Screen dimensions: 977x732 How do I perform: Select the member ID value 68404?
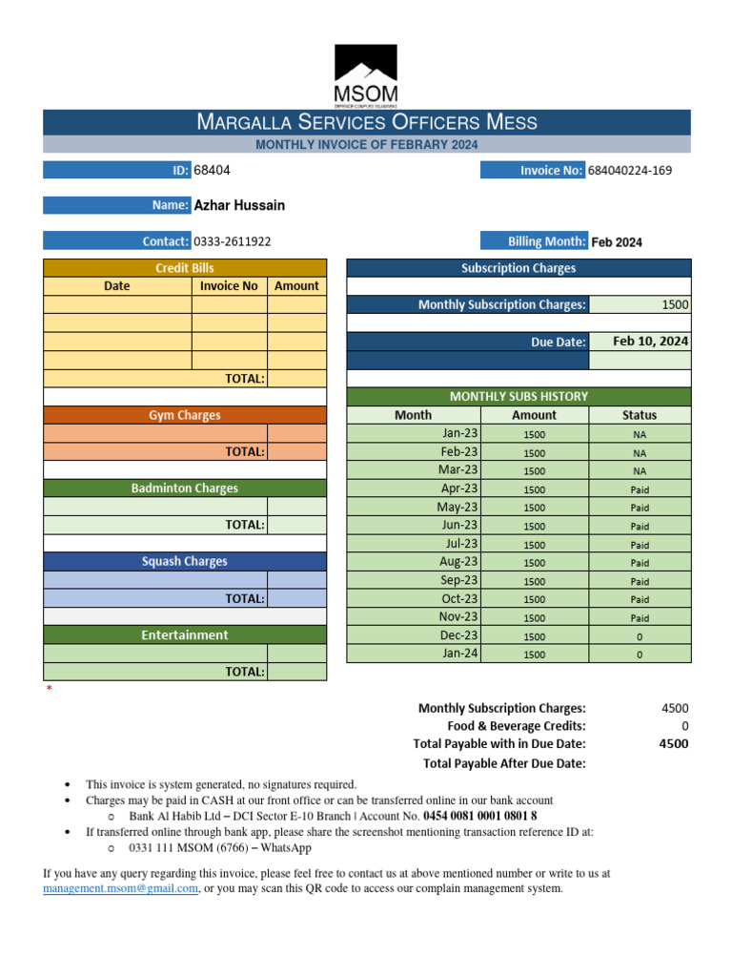212,170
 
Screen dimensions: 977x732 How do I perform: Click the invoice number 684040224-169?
629,171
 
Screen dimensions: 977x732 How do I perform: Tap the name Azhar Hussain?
239,205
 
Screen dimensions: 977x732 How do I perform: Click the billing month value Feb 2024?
617,242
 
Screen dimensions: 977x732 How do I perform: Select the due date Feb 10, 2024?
651,342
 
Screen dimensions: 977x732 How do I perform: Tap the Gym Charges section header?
185,415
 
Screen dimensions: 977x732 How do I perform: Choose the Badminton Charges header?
185,488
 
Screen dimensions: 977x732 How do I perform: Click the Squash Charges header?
185,562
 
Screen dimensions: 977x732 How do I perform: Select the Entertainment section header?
185,634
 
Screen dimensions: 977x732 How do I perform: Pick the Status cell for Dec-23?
640,636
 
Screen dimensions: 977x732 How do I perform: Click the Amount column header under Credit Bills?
296,286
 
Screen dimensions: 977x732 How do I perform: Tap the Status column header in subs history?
640,415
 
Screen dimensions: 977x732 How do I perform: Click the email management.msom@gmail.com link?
120,888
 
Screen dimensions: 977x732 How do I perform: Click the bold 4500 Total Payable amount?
673,744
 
